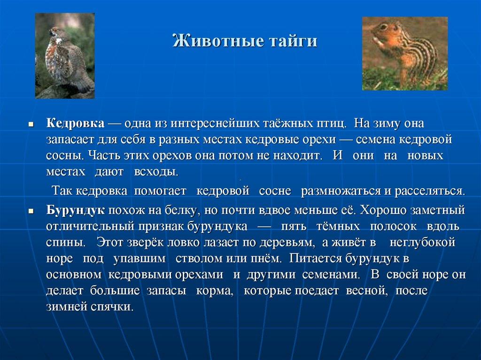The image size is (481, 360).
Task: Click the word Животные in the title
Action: coord(210,41)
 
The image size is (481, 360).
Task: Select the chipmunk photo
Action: coord(404,54)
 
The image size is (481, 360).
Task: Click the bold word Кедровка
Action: coord(75,124)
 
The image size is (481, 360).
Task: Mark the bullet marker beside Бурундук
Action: coord(31,211)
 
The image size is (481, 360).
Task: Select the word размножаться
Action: coord(342,191)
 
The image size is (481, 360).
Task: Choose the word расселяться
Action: coord(429,191)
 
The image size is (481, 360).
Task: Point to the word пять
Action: coord(294,226)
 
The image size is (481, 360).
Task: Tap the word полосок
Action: coord(393,226)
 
